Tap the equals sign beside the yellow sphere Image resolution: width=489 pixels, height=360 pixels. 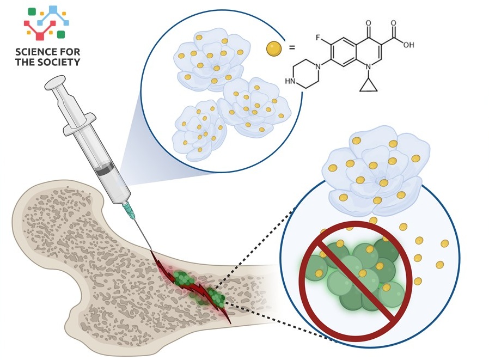tap(292, 48)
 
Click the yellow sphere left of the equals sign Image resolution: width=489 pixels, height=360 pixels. tap(274, 48)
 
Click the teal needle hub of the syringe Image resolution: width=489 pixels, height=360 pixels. tap(129, 208)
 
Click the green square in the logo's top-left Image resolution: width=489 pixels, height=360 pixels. tap(32, 11)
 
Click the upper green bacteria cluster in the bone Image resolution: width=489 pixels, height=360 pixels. tap(184, 278)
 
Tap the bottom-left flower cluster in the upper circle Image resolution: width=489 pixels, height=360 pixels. tap(199, 129)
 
